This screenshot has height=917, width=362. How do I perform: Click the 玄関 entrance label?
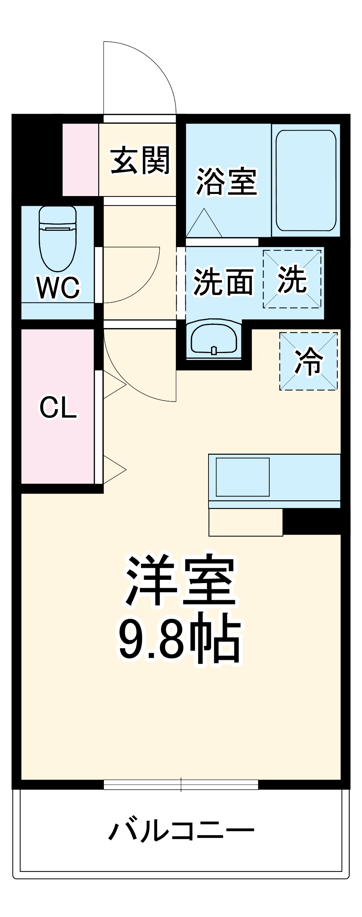[x=140, y=160]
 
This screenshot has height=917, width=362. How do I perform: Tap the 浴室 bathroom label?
[x=226, y=182]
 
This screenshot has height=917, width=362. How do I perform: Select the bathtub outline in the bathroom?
[x=306, y=180]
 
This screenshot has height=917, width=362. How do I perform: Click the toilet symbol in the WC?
[x=58, y=239]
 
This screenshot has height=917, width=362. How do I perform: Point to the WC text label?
[x=58, y=288]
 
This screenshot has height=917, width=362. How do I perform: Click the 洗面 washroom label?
[x=223, y=282]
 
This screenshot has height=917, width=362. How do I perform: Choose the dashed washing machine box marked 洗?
[x=292, y=279]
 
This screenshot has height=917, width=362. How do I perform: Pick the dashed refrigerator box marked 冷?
[x=308, y=361]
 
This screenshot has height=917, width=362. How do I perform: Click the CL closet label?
[x=58, y=408]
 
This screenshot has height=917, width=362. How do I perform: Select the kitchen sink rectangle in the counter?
[x=243, y=477]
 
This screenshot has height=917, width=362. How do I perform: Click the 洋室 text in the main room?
[x=180, y=582]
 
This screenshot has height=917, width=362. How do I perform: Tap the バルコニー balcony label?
[x=181, y=830]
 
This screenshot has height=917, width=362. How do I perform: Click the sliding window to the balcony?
[x=181, y=784]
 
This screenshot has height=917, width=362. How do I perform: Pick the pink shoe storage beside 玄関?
[x=80, y=160]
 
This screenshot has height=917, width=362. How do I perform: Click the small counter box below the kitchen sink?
[x=245, y=522]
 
